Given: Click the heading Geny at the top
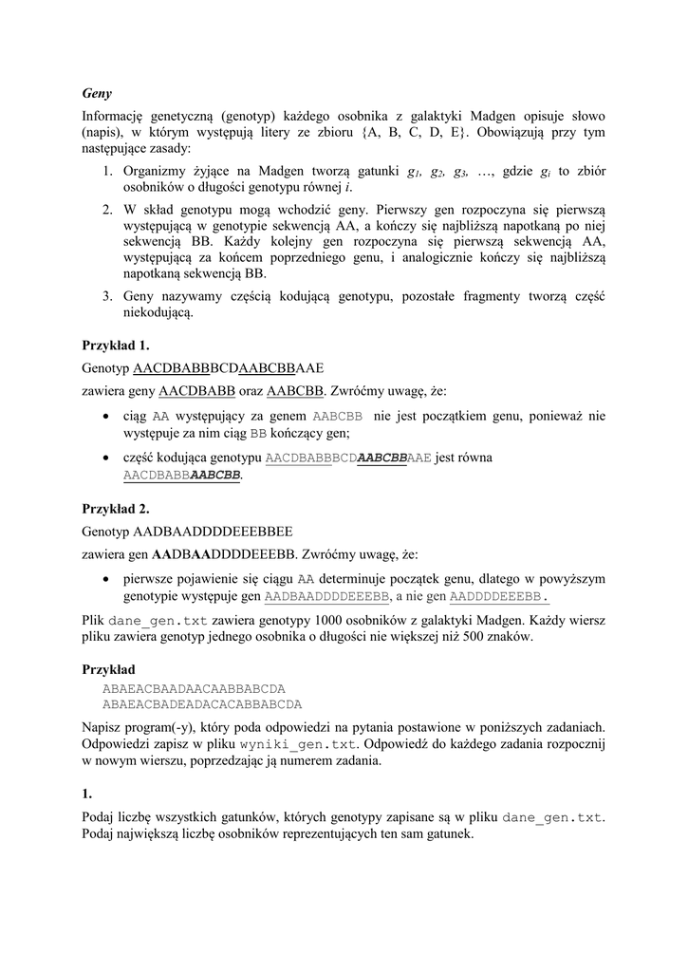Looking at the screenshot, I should [97, 94].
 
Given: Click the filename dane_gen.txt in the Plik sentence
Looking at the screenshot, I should [158, 621].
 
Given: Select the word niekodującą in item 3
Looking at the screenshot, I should [158, 313].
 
